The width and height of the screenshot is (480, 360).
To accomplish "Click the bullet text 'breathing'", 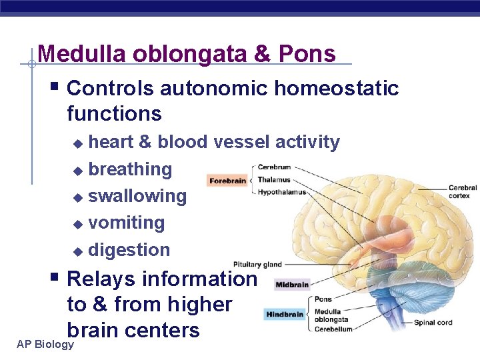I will pyautogui.click(x=130, y=169).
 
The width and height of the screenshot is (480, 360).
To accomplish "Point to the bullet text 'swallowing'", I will pyautogui.click(x=137, y=196).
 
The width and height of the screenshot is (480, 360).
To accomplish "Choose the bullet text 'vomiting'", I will pyautogui.click(x=127, y=223).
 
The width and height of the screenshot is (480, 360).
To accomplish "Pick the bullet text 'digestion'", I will pyautogui.click(x=129, y=250).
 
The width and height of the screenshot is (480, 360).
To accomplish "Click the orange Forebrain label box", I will pyautogui.click(x=227, y=181).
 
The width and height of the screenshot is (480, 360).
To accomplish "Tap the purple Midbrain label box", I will pyautogui.click(x=292, y=285).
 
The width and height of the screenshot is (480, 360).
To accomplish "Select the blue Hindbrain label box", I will pyautogui.click(x=285, y=314).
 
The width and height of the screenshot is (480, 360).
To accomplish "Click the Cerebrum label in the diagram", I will pyautogui.click(x=274, y=167).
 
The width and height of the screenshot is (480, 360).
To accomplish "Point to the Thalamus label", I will pyautogui.click(x=273, y=179).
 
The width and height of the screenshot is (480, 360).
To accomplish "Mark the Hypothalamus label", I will pyautogui.click(x=281, y=192).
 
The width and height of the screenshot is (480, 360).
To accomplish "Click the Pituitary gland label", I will pyautogui.click(x=257, y=265).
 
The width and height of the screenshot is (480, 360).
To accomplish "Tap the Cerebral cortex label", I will pyautogui.click(x=463, y=191).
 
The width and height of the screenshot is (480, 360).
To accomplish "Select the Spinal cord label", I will pyautogui.click(x=433, y=323).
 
